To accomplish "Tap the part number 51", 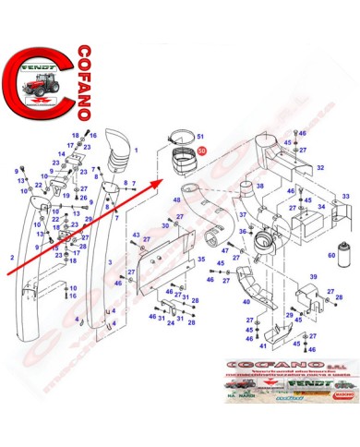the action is [202, 135].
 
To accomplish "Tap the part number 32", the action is [320, 168].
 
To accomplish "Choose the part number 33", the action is [344, 197].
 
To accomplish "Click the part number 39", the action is [313, 277].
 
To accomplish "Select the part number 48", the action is [176, 199].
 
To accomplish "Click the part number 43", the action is [135, 236].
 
